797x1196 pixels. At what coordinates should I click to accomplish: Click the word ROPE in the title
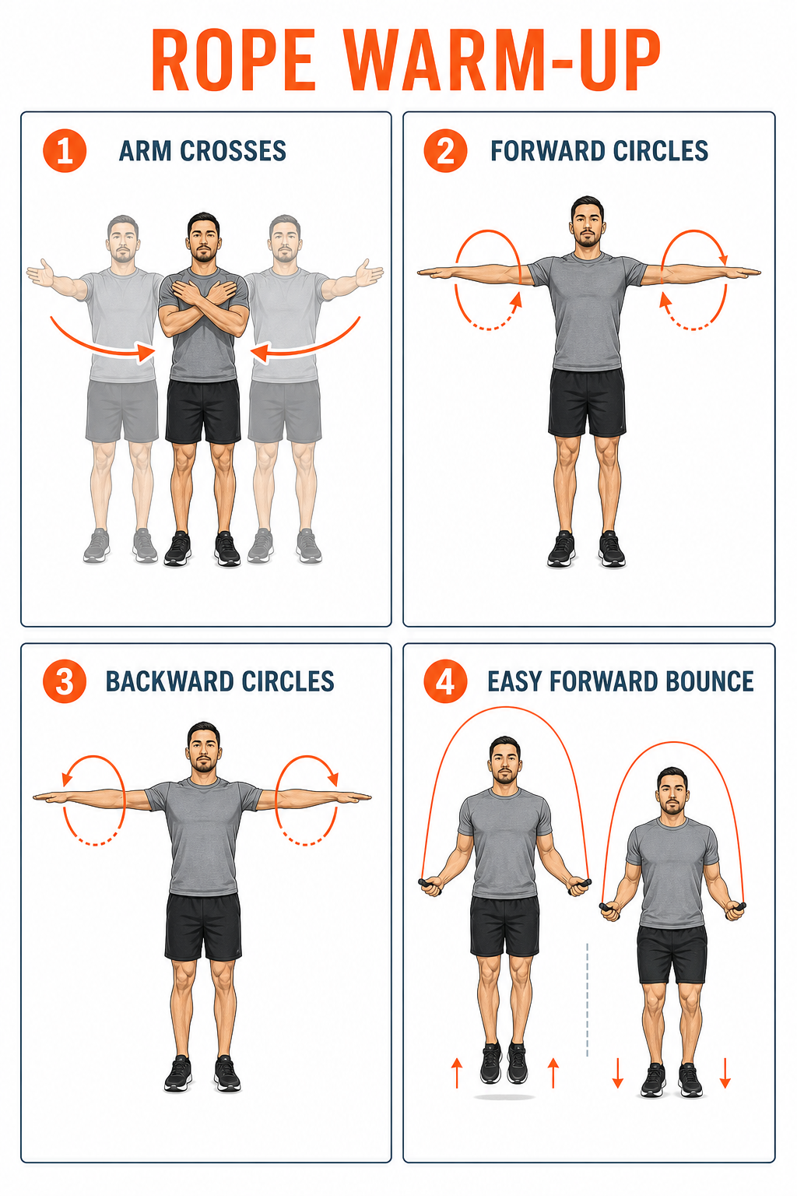coord(233,59)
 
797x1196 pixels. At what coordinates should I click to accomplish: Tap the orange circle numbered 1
coord(65,150)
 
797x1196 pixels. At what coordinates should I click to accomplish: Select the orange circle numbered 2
coord(445,150)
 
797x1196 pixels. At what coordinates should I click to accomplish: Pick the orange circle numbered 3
coord(65,681)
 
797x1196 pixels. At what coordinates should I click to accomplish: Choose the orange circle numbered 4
coord(445,681)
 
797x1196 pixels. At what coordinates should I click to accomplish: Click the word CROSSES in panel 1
coord(233,150)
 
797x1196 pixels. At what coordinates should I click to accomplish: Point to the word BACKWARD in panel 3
coord(169,681)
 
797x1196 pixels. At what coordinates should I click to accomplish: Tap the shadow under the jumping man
coord(504,1096)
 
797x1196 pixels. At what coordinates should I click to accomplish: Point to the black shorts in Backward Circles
coord(203,927)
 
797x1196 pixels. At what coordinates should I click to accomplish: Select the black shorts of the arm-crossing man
coord(203,411)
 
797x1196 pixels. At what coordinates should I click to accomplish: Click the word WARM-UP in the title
coord(502,59)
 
